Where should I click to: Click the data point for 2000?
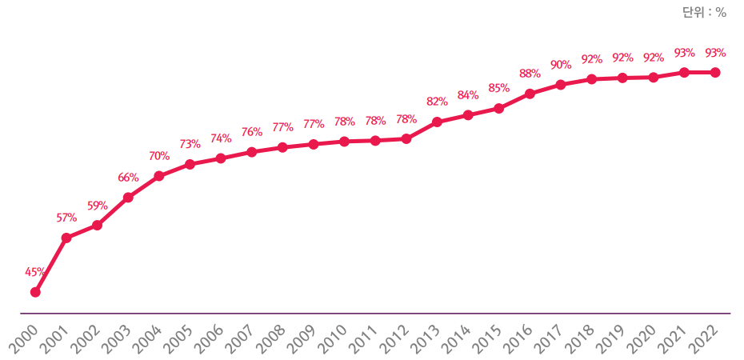coord(35,292)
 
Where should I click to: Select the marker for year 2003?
coord(128,197)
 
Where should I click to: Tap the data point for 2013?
coord(437,122)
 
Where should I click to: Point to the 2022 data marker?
coord(715,73)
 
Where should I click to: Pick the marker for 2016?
coord(530,94)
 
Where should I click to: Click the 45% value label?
coord(35,272)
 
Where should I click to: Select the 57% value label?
coord(66,218)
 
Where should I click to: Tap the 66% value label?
coord(128,178)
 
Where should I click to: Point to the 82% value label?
coord(437,102)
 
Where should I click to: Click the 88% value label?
coord(530,74)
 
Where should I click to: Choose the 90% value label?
coord(561,64)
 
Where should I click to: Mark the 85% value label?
coord(498,88)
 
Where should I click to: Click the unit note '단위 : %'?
coord(704,12)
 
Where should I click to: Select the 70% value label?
coord(158,156)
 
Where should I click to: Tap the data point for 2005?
coord(190,164)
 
